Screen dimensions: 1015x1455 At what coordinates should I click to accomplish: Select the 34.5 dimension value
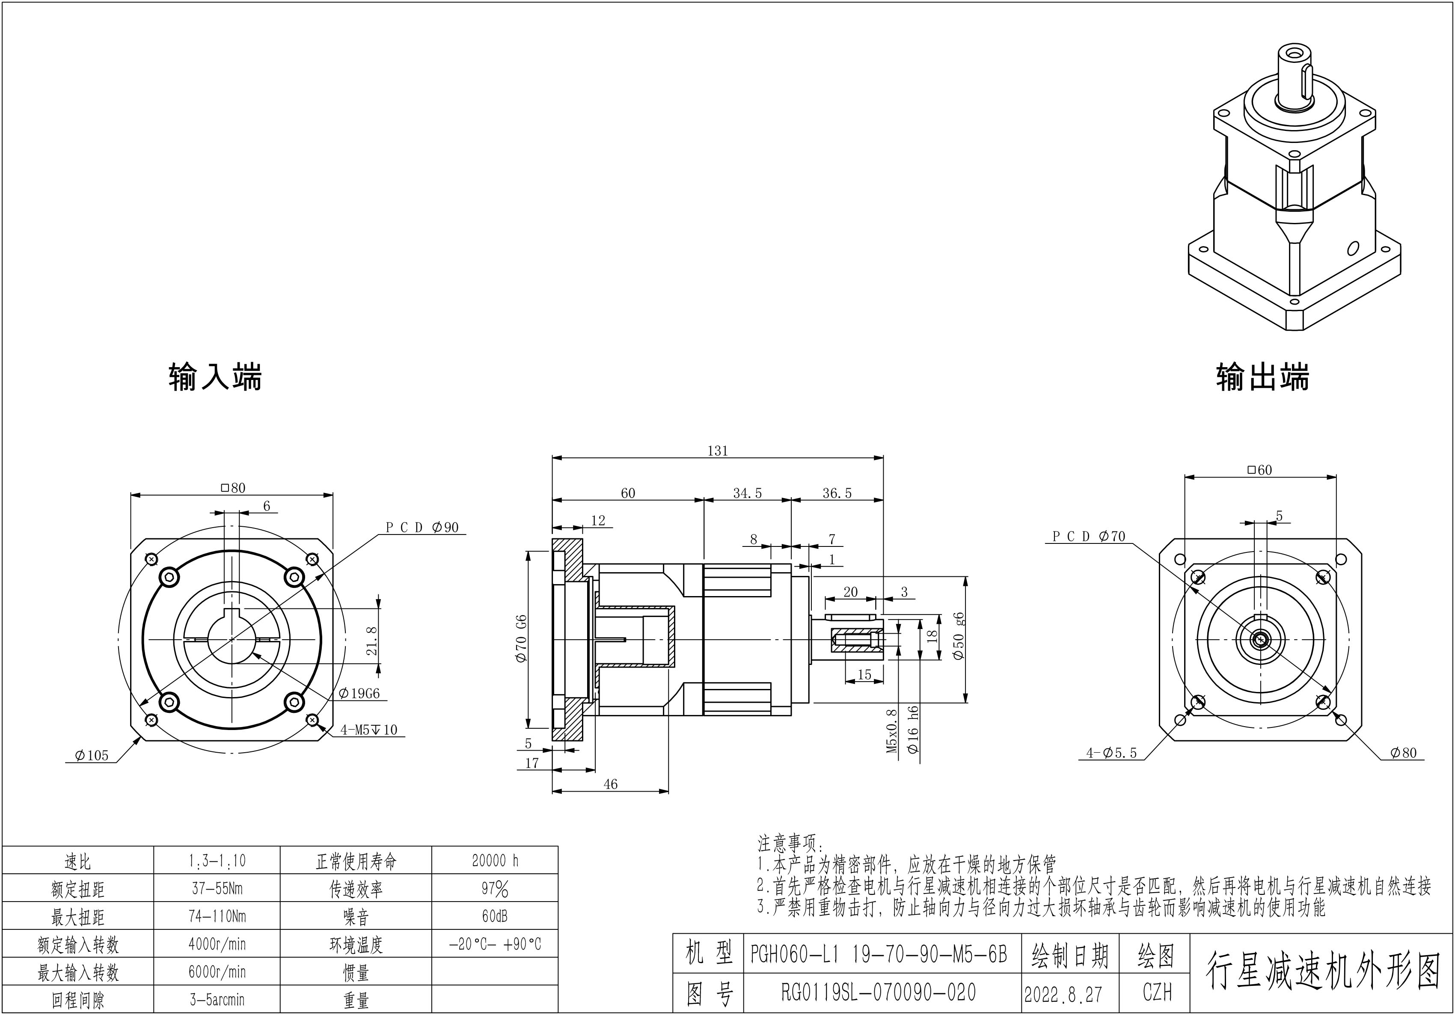pyautogui.click(x=747, y=493)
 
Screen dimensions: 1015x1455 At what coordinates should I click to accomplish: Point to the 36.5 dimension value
pyautogui.click(x=837, y=493)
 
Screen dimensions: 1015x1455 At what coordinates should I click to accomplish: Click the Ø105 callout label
pyautogui.click(x=92, y=755)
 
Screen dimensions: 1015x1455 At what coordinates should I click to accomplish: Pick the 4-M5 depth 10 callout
pyautogui.click(x=369, y=730)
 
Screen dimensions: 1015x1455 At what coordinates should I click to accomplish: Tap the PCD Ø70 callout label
pyautogui.click(x=1088, y=537)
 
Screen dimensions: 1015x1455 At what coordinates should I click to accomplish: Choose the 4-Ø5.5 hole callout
pyautogui.click(x=1111, y=753)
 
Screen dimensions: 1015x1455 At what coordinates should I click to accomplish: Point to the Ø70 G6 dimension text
pyautogui.click(x=521, y=638)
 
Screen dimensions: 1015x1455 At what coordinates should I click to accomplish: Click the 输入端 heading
pyautogui.click(x=215, y=377)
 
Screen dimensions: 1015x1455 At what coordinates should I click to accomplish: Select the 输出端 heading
pyautogui.click(x=1262, y=377)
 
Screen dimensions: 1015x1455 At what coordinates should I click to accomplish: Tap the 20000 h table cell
pyautogui.click(x=495, y=861)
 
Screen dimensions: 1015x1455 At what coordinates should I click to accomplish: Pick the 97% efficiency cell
pyautogui.click(x=495, y=889)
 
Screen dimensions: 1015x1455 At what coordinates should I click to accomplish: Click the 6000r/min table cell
pyautogui.click(x=217, y=972)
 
